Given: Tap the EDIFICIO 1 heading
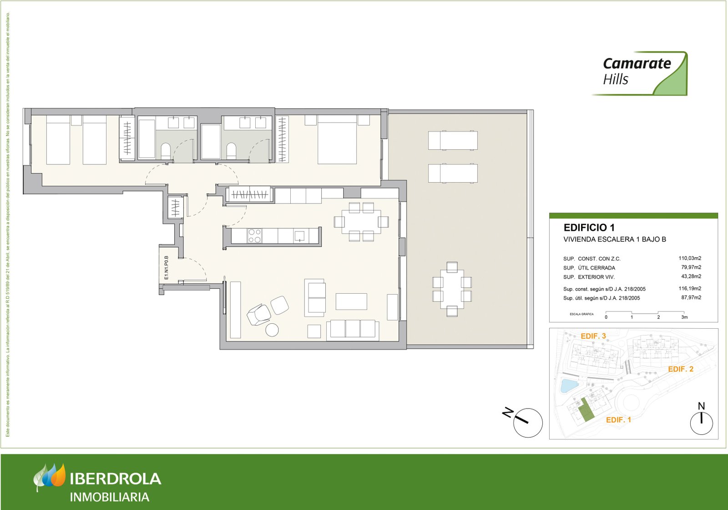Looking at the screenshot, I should [589, 228].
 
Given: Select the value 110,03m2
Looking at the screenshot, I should [690, 258].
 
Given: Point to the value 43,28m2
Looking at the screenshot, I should [691, 276].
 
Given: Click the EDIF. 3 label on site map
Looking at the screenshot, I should [593, 336].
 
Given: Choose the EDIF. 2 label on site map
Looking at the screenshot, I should [681, 369].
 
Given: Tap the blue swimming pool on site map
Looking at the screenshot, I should [568, 385].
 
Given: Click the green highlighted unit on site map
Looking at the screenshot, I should [587, 409].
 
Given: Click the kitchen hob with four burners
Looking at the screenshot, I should [254, 236].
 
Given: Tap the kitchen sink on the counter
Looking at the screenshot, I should [299, 235].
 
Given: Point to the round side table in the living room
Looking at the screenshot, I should [272, 330].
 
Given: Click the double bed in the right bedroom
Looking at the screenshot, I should [337, 139].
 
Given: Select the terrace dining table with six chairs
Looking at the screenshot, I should [452, 289].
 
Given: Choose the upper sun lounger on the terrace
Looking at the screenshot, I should [453, 140].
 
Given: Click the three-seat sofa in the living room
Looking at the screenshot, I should [353, 329].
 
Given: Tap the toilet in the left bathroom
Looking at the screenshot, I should [166, 151].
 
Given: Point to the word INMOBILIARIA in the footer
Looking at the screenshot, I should [110, 497].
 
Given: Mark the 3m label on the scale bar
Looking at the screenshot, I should [684, 317].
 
